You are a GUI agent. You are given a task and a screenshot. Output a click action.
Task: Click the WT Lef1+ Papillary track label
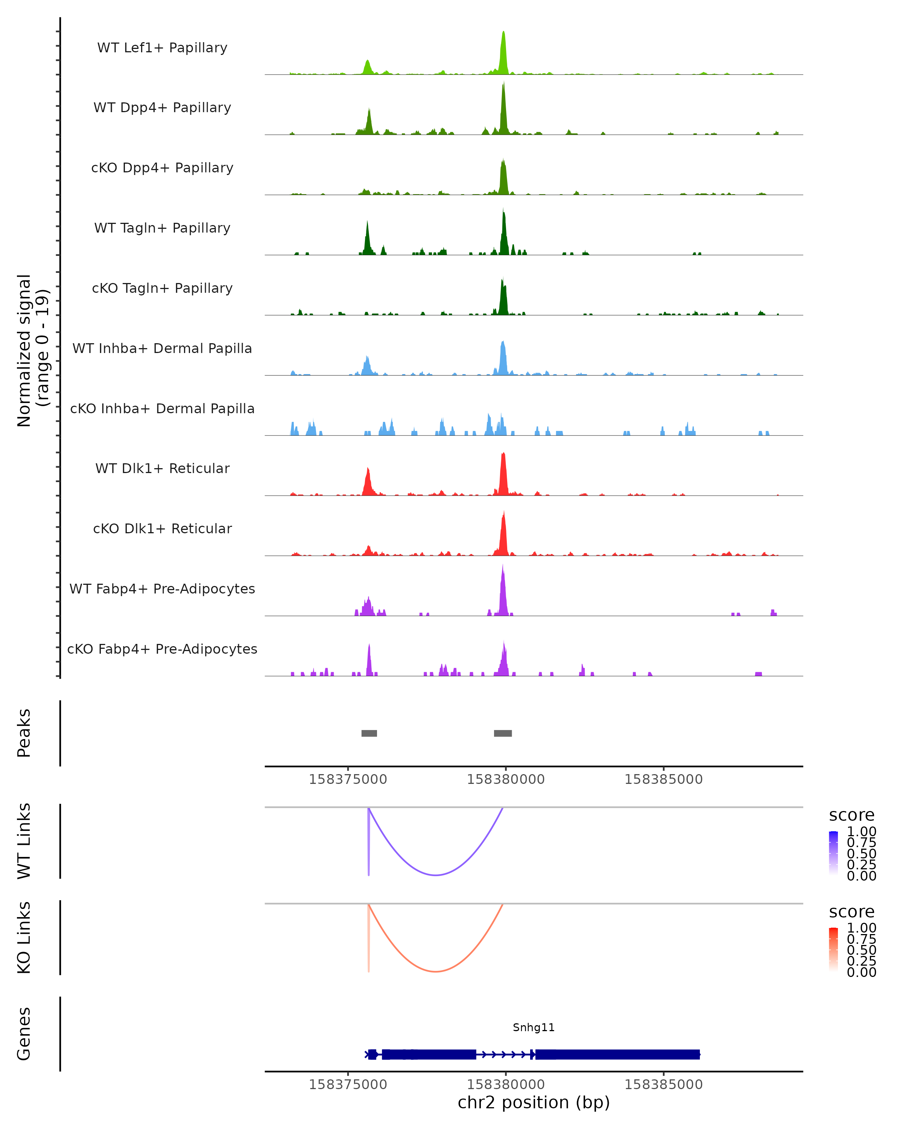(x=162, y=48)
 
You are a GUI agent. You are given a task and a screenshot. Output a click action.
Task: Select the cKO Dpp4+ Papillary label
(x=162, y=167)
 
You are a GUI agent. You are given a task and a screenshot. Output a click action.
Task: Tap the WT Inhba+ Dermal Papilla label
(x=162, y=348)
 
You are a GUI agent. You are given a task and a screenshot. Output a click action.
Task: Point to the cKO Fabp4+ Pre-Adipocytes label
(x=162, y=649)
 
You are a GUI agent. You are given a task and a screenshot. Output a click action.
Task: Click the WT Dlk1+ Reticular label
(x=162, y=468)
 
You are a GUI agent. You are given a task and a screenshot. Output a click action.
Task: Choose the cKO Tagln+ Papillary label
(x=162, y=288)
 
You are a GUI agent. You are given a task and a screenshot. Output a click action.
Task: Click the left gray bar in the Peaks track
(x=369, y=733)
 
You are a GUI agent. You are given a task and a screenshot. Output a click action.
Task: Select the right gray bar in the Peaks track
(x=503, y=733)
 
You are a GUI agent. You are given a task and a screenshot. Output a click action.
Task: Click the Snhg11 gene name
(x=534, y=1027)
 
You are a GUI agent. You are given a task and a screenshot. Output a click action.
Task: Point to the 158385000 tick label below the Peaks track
(x=663, y=779)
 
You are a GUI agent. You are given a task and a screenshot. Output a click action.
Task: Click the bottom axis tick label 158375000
(x=348, y=1085)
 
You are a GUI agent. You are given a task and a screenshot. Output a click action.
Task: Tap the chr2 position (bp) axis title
(x=534, y=1103)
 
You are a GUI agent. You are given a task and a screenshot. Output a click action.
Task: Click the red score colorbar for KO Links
(x=833, y=949)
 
